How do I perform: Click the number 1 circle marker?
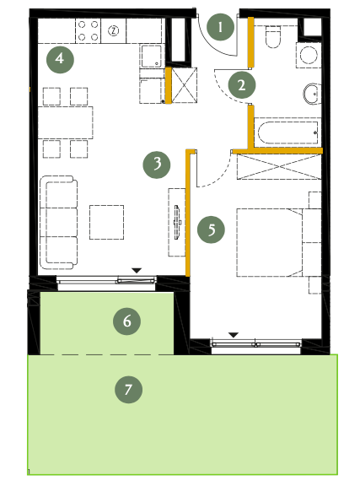coord(220,27)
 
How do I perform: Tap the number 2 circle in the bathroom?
coord(242,85)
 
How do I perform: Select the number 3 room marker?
coord(157,165)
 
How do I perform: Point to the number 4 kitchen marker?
coord(60,59)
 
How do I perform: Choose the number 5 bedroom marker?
coord(212,229)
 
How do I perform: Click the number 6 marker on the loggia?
coord(126,321)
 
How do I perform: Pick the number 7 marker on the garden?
coord(128,389)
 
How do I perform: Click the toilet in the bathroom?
coord(273,36)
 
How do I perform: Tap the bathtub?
coord(287,132)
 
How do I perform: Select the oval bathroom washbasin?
coord(311,94)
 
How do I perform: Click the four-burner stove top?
coord(89,30)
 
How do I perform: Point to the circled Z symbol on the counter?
coord(114,30)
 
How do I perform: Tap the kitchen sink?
coord(151,56)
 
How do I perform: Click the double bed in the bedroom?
coord(279,242)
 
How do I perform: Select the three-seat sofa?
coord(58,222)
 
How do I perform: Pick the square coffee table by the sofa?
coord(107,222)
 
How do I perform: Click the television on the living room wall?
coord(178,222)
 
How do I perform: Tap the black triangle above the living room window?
coord(137,271)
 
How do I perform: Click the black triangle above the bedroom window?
coord(234,335)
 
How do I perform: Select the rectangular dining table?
coord(66,122)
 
